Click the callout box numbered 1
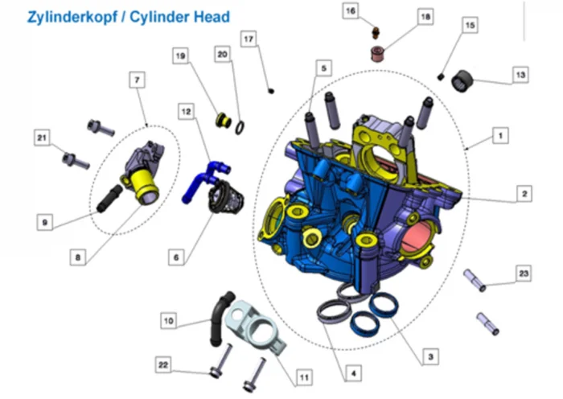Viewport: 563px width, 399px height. tap(500, 136)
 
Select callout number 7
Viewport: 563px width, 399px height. tap(138, 80)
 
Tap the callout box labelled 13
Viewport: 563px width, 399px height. tap(520, 75)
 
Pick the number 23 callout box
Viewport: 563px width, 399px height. tap(524, 274)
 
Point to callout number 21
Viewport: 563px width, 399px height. tap(41, 138)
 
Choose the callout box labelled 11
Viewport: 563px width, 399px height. tap(304, 376)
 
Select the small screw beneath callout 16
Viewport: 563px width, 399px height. tap(375, 33)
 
